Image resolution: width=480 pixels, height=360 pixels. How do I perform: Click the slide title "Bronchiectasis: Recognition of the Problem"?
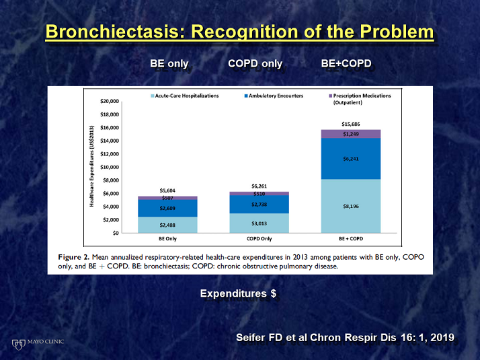[240, 32]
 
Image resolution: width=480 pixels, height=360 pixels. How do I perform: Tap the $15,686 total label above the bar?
[350, 124]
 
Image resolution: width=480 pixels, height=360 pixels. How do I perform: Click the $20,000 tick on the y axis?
[110, 102]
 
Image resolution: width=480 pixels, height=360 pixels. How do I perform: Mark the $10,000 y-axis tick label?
[110, 167]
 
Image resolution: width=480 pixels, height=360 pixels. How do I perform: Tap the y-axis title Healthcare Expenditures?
[91, 166]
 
